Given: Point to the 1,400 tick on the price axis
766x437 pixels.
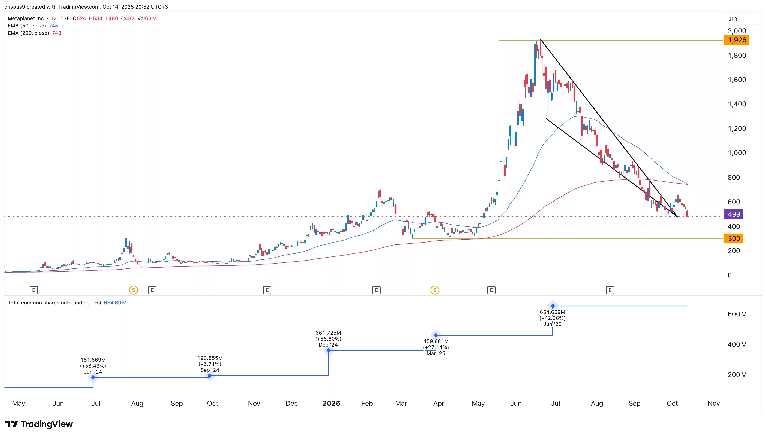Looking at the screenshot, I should click(x=737, y=104).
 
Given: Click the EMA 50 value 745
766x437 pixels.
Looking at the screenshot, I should click(x=53, y=26).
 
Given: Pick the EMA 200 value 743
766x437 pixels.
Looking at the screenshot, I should click(x=57, y=33).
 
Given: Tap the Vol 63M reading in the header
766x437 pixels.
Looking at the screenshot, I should click(x=147, y=18).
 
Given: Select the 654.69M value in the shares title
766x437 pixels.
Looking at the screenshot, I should click(x=115, y=303).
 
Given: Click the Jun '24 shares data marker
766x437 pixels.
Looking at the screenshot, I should click(x=93, y=377).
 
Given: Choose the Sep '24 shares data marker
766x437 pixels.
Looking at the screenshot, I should click(x=210, y=375).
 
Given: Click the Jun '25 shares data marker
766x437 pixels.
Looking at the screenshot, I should click(x=553, y=306).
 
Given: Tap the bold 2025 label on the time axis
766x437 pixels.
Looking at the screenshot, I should click(x=331, y=403).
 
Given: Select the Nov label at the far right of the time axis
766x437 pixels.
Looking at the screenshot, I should click(x=713, y=403).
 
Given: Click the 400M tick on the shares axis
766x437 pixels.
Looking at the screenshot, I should click(x=737, y=345).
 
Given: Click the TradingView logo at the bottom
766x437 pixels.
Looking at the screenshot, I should click(x=39, y=424).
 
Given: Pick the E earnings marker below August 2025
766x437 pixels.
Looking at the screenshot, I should click(x=610, y=290).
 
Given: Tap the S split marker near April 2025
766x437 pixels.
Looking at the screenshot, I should click(x=435, y=290).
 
